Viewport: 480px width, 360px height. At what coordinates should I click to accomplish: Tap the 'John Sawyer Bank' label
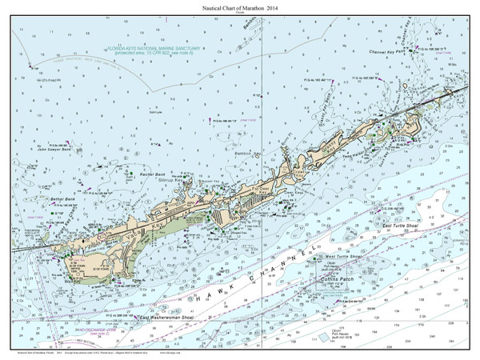pos(54,148)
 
